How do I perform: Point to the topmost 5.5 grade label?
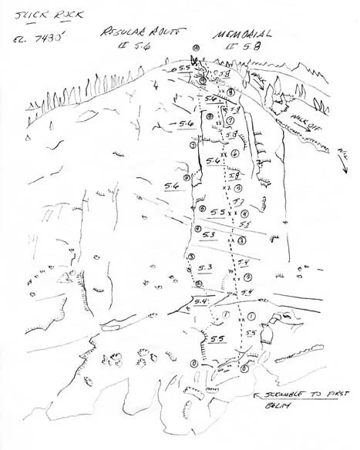click(183, 69)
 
